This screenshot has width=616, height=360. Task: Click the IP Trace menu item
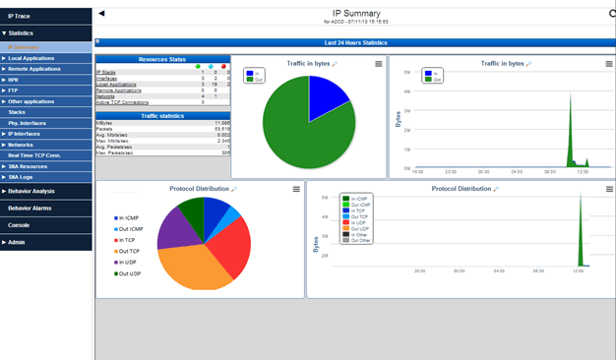(x=20, y=16)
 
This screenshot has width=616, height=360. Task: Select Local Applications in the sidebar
(x=31, y=58)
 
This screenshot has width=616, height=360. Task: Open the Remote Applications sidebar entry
(x=34, y=69)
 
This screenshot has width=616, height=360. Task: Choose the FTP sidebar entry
(x=14, y=90)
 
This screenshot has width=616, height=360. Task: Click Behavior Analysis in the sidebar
(x=31, y=191)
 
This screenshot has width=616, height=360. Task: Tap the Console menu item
(x=19, y=224)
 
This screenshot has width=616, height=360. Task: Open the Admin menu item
(x=17, y=241)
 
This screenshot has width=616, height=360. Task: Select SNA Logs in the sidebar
(x=22, y=176)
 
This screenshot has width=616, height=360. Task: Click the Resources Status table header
(x=162, y=59)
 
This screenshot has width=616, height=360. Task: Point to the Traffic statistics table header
(x=162, y=115)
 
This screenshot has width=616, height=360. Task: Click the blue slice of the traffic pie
(x=325, y=98)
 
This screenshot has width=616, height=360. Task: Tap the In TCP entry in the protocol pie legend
(x=126, y=239)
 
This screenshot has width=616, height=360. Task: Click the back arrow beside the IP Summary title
(x=101, y=13)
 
